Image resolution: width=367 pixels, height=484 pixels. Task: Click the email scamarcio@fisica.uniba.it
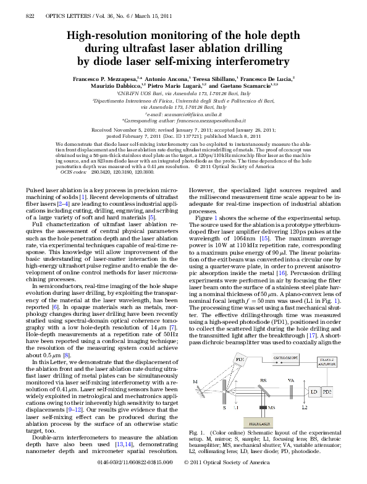(190, 115)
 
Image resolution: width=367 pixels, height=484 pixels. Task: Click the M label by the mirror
(196, 381)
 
